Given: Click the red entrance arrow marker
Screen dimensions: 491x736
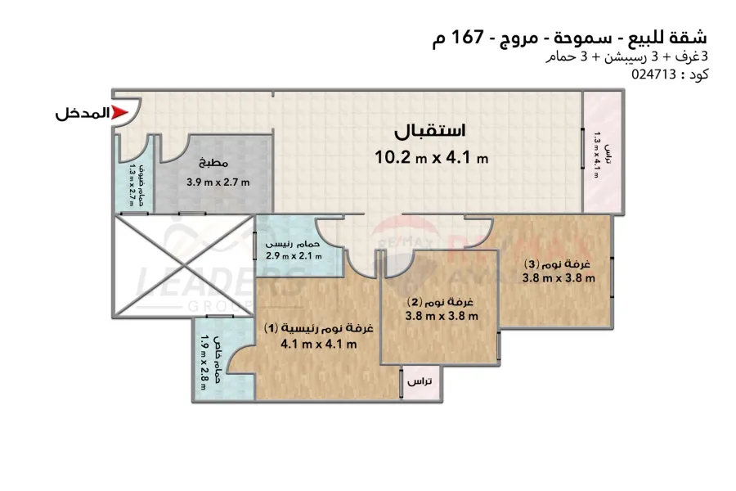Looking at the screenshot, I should pyautogui.click(x=120, y=114).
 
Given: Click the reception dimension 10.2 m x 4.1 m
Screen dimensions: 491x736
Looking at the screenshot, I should pyautogui.click(x=431, y=158).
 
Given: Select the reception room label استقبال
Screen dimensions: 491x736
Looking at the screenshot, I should pyautogui.click(x=430, y=132).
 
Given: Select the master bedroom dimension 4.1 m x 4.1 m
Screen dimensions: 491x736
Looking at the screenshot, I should pyautogui.click(x=318, y=345).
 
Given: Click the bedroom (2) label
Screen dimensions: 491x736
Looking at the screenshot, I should pyautogui.click(x=442, y=301).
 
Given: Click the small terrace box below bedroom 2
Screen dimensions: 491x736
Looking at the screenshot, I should pyautogui.click(x=420, y=382).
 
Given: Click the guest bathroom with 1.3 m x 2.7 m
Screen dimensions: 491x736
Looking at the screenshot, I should pyautogui.click(x=136, y=184).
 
